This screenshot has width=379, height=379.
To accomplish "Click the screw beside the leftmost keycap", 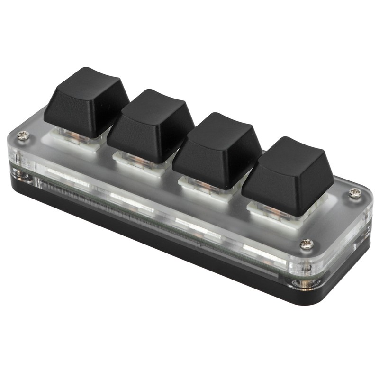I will (23, 136).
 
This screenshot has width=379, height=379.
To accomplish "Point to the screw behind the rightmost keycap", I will (355, 193).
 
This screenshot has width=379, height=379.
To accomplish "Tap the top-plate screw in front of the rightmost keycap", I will (306, 244).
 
